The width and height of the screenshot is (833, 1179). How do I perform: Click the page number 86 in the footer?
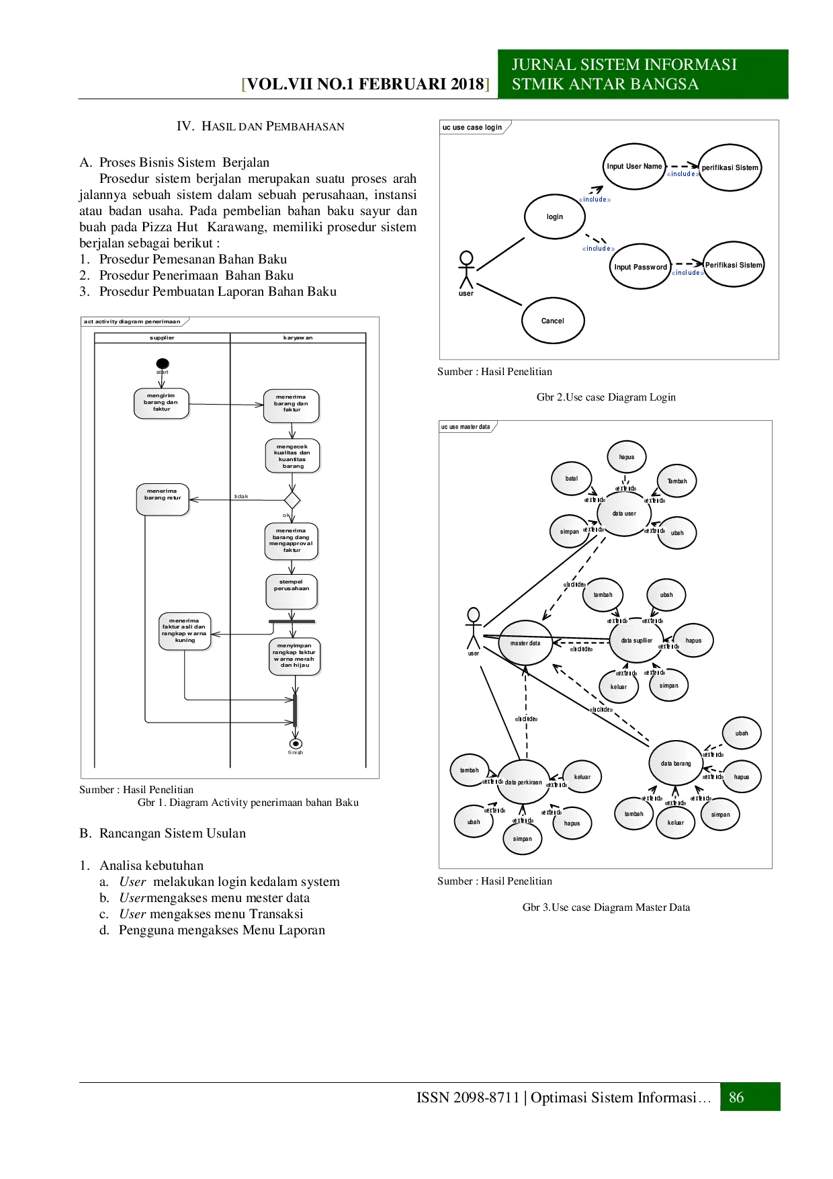pyautogui.click(x=736, y=1098)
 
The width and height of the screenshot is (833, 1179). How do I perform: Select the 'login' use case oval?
pyautogui.click(x=555, y=216)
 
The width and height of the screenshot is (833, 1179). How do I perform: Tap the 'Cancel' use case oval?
pyautogui.click(x=553, y=321)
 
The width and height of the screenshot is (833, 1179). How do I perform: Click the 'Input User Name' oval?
pyautogui.click(x=634, y=166)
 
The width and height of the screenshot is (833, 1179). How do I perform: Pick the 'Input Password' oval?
pyautogui.click(x=640, y=267)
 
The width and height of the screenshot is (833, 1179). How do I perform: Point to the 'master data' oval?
pyautogui.click(x=525, y=643)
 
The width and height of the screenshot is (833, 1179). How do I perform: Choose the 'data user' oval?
pyautogui.click(x=624, y=514)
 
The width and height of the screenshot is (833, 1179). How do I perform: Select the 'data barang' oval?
pyautogui.click(x=676, y=764)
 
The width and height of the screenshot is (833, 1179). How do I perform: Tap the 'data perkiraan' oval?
pyautogui.click(x=523, y=782)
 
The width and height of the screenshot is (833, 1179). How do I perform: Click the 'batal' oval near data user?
pyautogui.click(x=571, y=479)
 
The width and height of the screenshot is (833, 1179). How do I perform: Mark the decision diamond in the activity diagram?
pyautogui.click(x=292, y=500)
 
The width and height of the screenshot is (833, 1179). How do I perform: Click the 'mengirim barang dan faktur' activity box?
pyautogui.click(x=161, y=403)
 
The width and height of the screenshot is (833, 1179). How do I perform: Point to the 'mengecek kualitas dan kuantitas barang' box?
pyautogui.click(x=292, y=456)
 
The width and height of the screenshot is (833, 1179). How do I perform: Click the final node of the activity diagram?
pyautogui.click(x=294, y=744)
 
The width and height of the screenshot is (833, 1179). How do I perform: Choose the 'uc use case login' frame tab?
pyautogui.click(x=473, y=127)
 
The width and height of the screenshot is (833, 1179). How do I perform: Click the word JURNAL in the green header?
pyautogui.click(x=539, y=65)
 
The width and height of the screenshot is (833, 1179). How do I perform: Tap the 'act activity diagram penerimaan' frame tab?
pyautogui.click(x=132, y=321)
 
